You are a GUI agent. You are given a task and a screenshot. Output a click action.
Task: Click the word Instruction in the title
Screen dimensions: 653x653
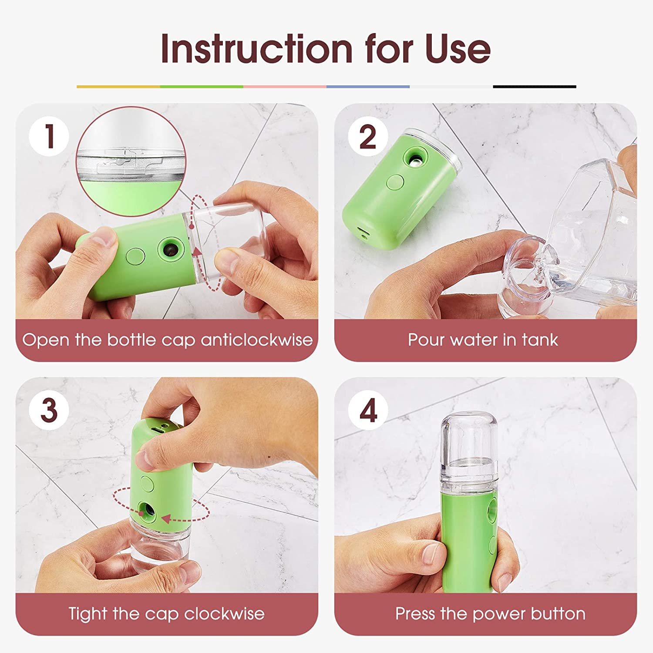[x=256, y=48]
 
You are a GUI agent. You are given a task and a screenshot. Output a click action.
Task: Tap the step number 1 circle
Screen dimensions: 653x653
[x=49, y=136]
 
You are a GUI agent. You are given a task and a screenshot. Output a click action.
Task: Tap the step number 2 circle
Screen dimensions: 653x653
[x=368, y=136]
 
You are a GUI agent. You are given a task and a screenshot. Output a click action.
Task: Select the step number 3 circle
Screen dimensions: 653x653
[x=49, y=410]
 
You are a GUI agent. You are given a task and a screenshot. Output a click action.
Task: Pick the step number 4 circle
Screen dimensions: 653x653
[x=368, y=410]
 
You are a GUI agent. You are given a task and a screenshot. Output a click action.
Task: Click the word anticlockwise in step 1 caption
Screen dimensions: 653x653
[x=256, y=340]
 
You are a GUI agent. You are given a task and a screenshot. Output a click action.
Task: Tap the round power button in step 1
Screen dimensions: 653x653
[x=135, y=256]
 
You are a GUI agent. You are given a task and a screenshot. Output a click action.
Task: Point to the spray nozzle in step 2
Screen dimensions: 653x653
[x=416, y=158]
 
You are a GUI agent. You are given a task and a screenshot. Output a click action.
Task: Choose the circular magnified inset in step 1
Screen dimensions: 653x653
[x=131, y=161]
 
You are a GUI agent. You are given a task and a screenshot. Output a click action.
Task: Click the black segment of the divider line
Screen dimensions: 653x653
[x=535, y=87]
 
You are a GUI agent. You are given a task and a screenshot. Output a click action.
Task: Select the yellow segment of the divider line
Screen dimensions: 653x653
[x=118, y=87]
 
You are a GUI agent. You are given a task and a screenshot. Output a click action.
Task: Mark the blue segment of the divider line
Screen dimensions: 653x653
[x=368, y=87]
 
